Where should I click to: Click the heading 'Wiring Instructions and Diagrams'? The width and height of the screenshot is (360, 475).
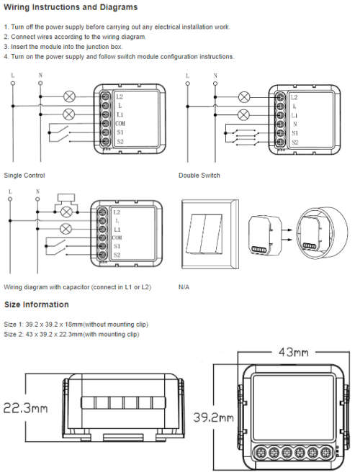pos(71,8)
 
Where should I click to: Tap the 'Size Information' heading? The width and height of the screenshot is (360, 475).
pos(36,305)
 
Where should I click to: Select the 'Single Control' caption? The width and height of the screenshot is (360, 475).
pos(24,176)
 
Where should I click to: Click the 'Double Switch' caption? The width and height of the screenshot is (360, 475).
pos(199,176)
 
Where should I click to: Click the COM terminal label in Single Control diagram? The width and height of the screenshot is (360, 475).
pos(119,123)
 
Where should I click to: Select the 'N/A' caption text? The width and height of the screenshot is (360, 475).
pos(184,286)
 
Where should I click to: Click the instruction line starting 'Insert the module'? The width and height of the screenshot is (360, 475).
pos(63,47)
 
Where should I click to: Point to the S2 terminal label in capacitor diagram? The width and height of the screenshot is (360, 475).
pos(117,255)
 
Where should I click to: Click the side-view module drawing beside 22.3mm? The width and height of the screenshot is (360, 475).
pos(110,408)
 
